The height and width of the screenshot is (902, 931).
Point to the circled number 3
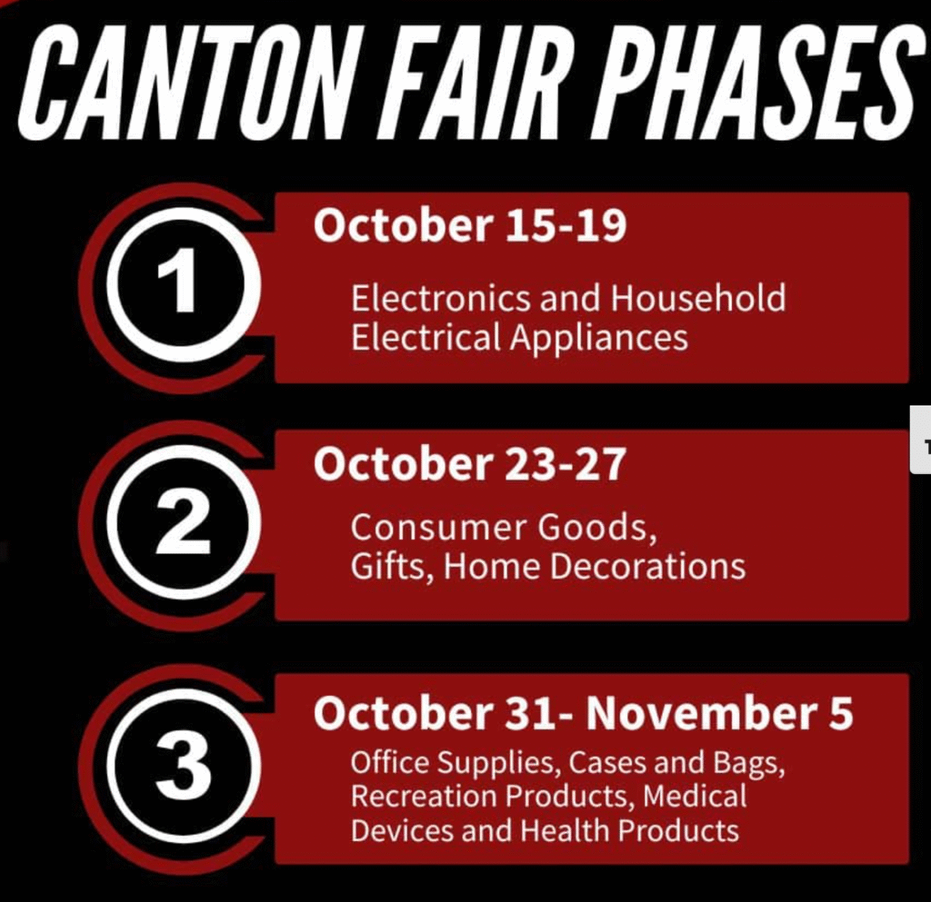coord(184,768)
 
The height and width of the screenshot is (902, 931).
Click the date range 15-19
coord(566,226)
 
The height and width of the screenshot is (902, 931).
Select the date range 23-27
coord(566,464)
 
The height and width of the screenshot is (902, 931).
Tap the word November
coord(697,713)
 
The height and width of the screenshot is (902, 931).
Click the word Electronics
coord(440,298)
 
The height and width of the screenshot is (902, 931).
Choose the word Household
coord(698,298)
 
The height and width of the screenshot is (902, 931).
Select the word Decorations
coord(647,566)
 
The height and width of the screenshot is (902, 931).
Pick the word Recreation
coord(424,796)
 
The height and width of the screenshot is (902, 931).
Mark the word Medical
coord(695,796)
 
